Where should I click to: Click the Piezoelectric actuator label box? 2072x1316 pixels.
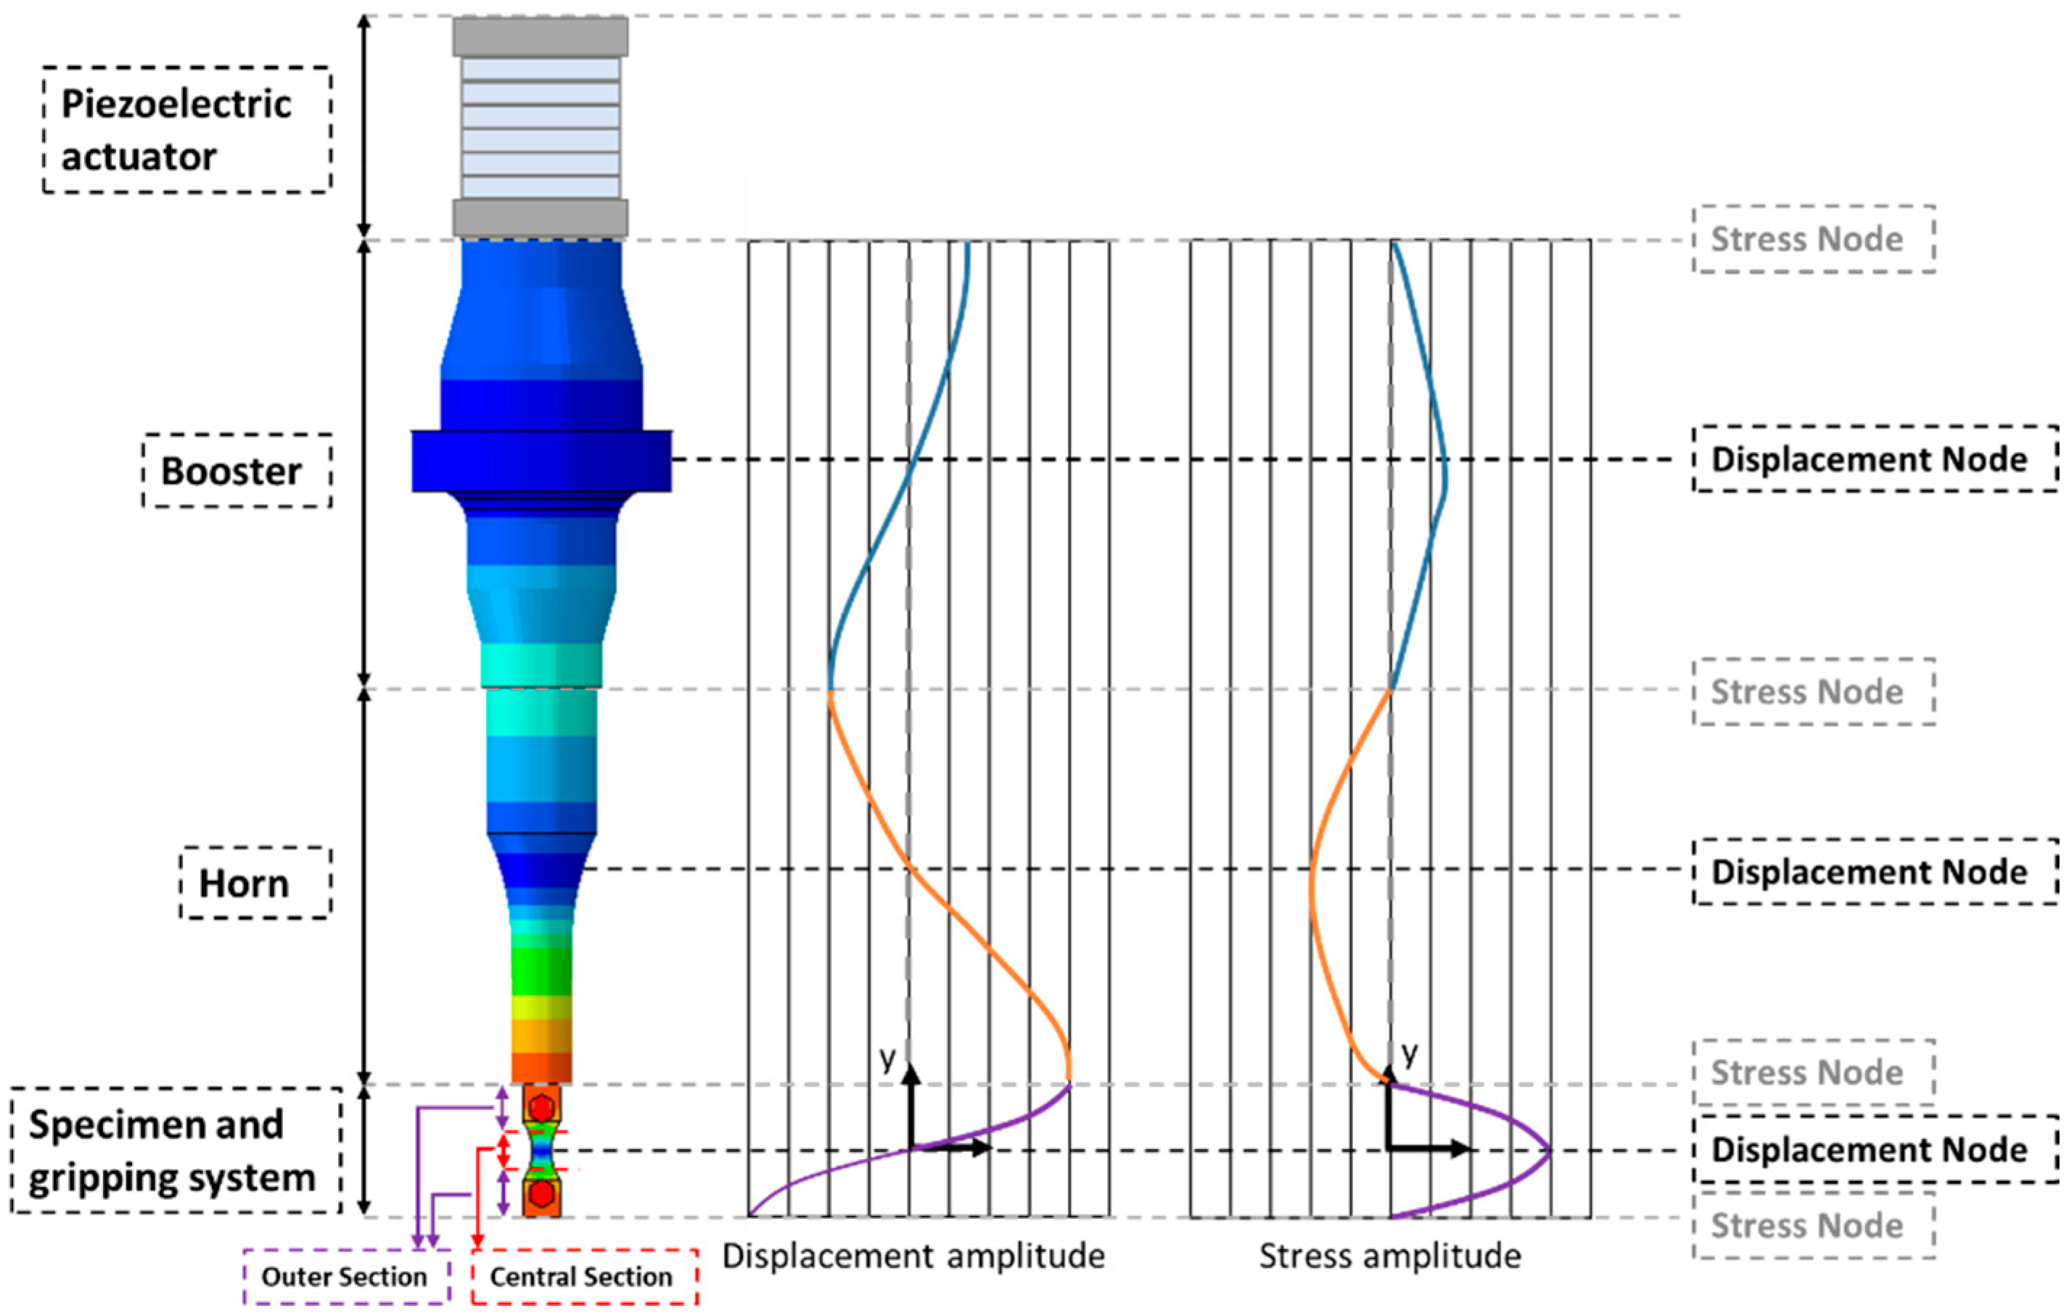click(x=186, y=130)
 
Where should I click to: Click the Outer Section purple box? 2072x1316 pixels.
click(x=346, y=1276)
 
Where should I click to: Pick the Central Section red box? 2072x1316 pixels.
click(x=584, y=1276)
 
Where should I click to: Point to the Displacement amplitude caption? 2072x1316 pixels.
click(x=913, y=1256)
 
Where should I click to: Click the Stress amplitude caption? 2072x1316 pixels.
click(x=1389, y=1256)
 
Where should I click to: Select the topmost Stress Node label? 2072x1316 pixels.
click(x=1814, y=239)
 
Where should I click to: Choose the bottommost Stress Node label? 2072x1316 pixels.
click(x=1814, y=1225)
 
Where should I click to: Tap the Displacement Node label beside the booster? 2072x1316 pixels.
click(x=1876, y=458)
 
